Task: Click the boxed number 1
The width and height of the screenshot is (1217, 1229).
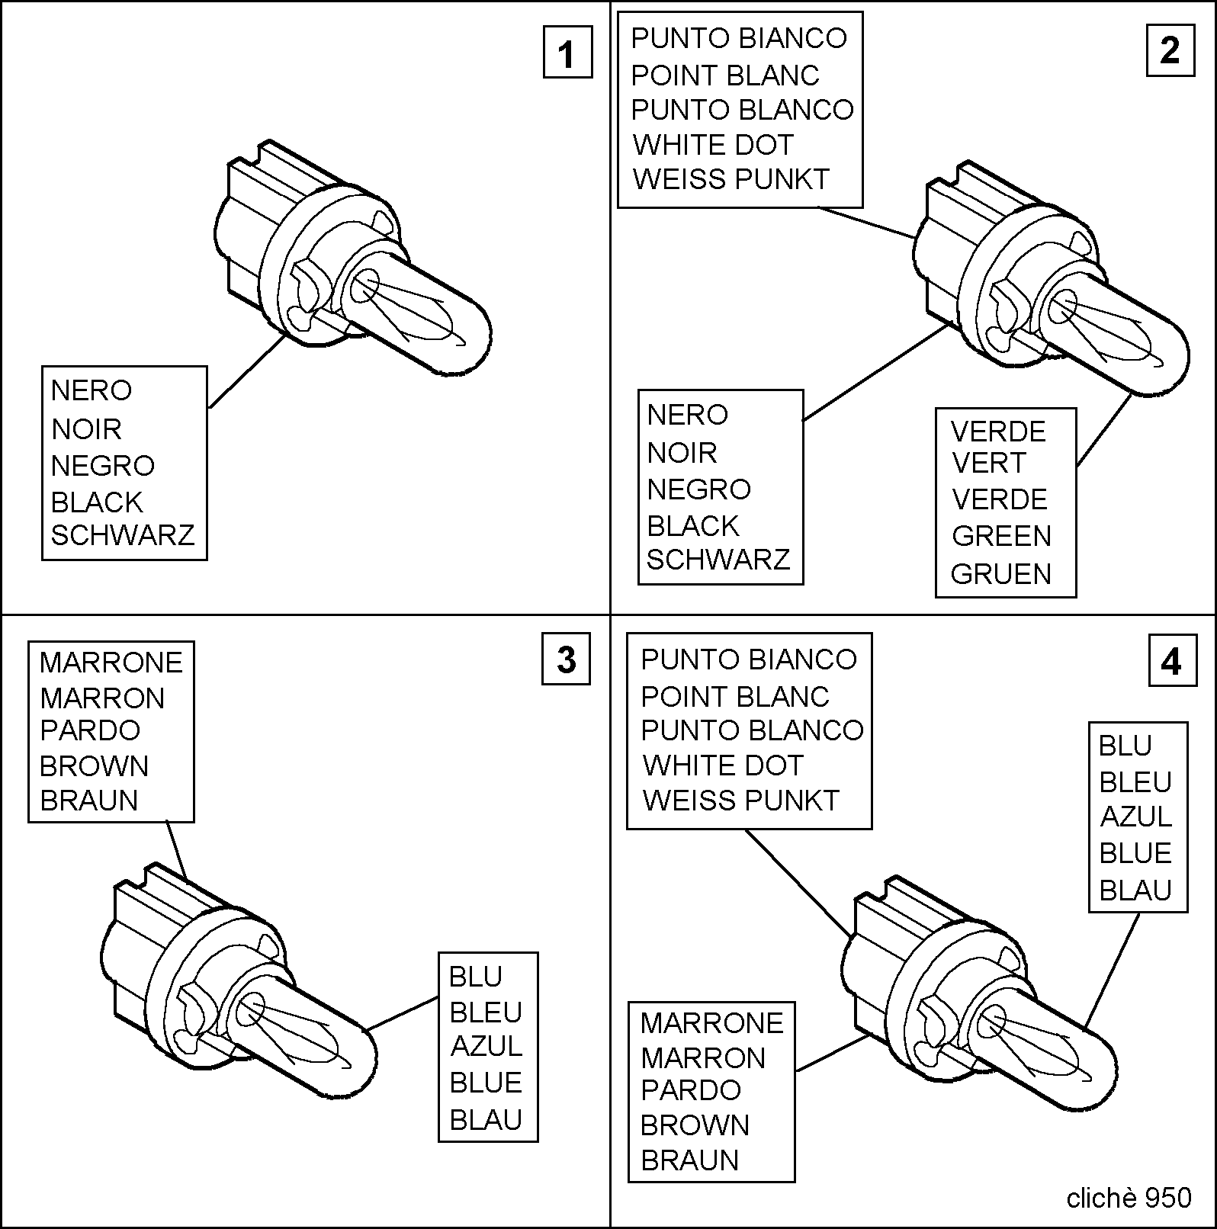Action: click(x=567, y=53)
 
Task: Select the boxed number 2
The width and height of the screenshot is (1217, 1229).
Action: click(x=1170, y=51)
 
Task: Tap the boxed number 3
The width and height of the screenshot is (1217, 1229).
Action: click(x=566, y=659)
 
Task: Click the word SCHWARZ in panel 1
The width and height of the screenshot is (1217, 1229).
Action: click(x=123, y=535)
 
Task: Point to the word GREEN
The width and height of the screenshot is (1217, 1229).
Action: click(x=1001, y=536)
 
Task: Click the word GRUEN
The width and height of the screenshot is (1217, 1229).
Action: click(x=1001, y=573)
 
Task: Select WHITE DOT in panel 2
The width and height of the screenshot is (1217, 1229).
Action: click(x=713, y=144)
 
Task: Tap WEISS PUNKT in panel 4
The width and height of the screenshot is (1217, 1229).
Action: click(x=740, y=800)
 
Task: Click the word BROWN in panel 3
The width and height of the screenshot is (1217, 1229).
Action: click(x=94, y=765)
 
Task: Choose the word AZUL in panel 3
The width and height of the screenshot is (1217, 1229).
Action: click(x=486, y=1046)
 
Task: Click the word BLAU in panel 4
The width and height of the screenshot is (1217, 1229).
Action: click(x=1135, y=890)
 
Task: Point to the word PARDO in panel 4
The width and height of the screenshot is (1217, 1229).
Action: click(x=691, y=1090)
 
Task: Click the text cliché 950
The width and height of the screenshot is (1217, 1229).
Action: click(x=1129, y=1198)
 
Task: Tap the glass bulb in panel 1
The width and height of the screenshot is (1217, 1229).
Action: click(x=418, y=309)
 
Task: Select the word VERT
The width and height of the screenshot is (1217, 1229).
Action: click(x=989, y=463)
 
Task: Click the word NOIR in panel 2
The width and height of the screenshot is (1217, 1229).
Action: click(x=682, y=453)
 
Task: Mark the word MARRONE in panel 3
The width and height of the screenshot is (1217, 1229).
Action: click(x=111, y=663)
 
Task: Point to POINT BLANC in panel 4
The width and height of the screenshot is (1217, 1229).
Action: click(x=735, y=696)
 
